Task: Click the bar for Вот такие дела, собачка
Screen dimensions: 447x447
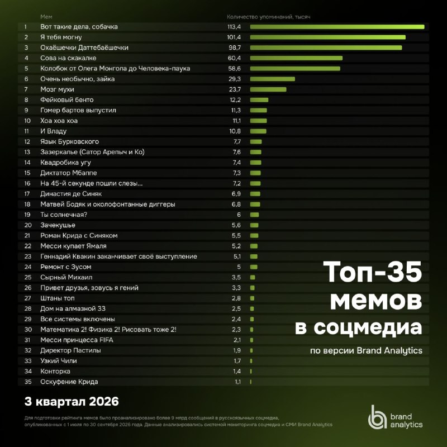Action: click(337, 27)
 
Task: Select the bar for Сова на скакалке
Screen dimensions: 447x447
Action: click(297, 58)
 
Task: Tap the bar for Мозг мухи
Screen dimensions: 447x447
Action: click(268, 89)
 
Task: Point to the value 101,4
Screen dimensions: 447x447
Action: click(234, 37)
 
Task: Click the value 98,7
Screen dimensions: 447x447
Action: click(235, 47)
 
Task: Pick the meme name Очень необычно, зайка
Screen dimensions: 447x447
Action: click(78, 79)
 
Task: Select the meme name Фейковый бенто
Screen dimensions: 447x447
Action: click(67, 100)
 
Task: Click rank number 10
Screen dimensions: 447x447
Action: click(27, 121)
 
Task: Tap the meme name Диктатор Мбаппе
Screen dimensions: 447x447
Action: click(69, 173)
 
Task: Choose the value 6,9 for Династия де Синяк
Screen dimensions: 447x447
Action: click(236, 194)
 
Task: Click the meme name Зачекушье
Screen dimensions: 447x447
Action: click(58, 225)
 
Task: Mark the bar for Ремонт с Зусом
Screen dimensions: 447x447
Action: click(254, 267)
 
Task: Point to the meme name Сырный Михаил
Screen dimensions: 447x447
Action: click(66, 277)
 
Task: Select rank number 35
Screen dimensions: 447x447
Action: click(28, 382)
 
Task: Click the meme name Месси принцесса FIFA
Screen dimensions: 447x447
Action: click(77, 340)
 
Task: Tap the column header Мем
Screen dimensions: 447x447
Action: click(46, 17)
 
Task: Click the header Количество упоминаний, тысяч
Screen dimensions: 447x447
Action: click(269, 17)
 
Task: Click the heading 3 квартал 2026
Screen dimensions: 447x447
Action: click(72, 401)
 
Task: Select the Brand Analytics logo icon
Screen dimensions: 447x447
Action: click(377, 417)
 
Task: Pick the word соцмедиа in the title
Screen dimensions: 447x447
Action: click(368, 328)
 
